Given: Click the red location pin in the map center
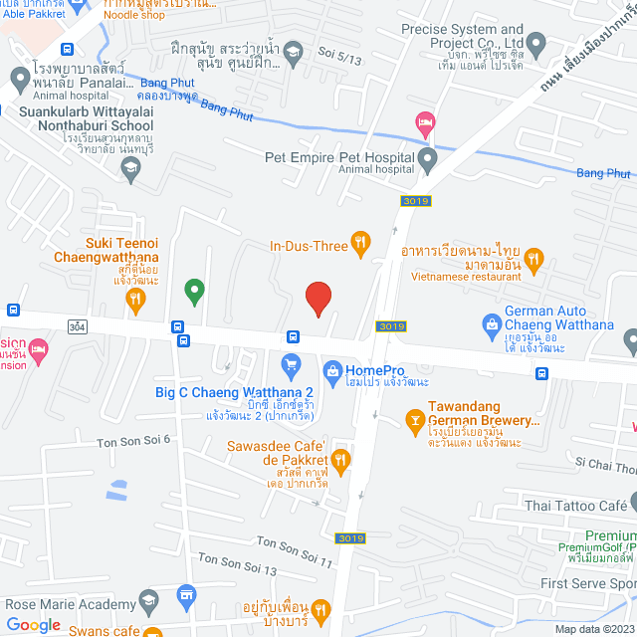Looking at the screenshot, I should (318, 298).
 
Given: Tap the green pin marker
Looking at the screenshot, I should (194, 291).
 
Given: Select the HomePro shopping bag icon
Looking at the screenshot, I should (331, 370).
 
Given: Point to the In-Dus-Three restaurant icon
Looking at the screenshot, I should (361, 241).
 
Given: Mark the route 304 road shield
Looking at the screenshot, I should (78, 326).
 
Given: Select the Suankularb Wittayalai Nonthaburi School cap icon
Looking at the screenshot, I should (128, 168).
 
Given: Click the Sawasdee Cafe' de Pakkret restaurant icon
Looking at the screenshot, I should (340, 459).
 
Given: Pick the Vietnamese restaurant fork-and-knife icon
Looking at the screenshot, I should (535, 261).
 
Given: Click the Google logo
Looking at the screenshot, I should (33, 624).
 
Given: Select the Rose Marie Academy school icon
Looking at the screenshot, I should (148, 601).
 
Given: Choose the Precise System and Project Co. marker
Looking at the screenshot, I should (535, 44).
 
